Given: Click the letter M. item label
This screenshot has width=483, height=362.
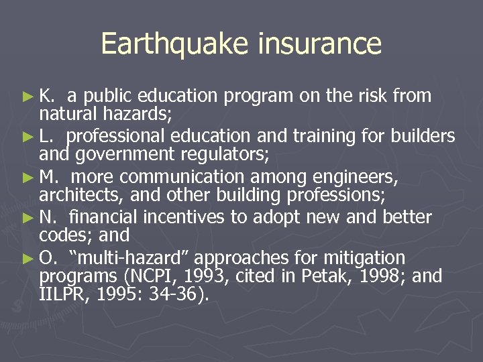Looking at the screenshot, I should pos(48,178).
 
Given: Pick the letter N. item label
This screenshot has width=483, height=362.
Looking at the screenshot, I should pos(48,218).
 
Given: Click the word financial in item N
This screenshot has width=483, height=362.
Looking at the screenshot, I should pos(100,218).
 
